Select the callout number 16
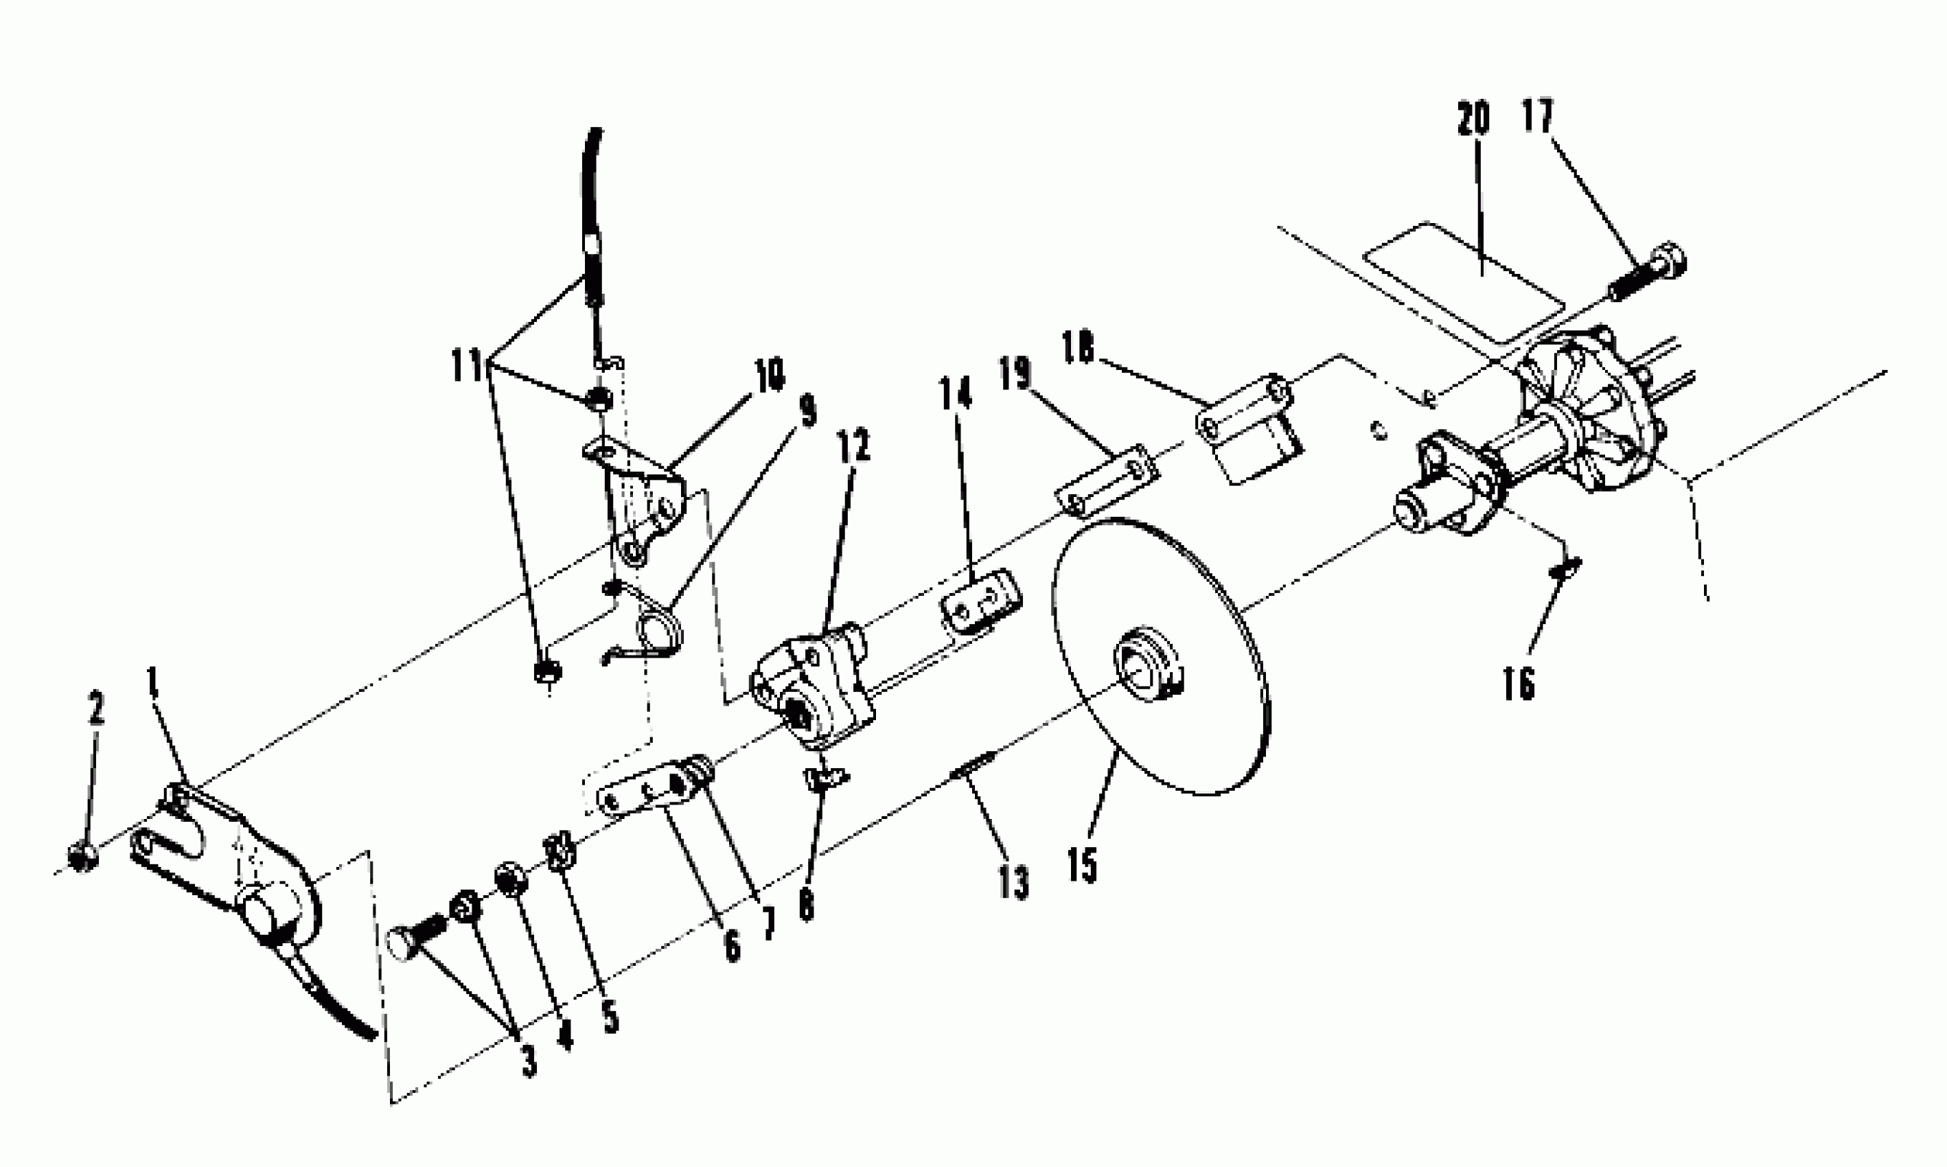(1519, 683)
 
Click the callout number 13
(1015, 882)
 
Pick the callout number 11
(466, 366)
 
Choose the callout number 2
(96, 708)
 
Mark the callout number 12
(854, 447)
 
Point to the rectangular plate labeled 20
(1462, 283)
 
